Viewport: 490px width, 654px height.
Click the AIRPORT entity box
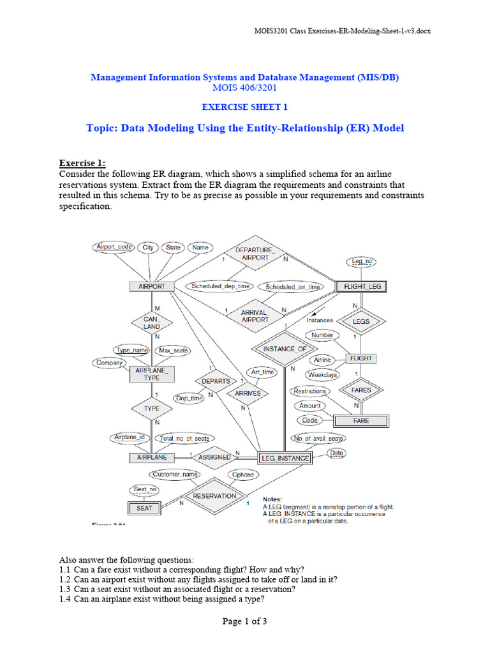coord(152,287)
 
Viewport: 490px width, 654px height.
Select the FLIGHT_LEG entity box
coord(362,287)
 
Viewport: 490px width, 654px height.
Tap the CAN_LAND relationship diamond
coord(152,323)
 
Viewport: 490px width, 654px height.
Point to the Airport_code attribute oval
coord(114,247)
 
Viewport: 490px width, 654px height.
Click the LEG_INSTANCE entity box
coord(285,458)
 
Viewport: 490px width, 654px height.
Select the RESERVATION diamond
coord(214,496)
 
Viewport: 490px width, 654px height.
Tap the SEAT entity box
coord(145,508)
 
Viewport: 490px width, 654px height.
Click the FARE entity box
coord(361,421)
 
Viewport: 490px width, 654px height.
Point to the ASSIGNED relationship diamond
coord(214,457)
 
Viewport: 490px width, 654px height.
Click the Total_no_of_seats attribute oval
coord(184,438)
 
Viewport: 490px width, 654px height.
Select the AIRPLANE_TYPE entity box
coord(152,374)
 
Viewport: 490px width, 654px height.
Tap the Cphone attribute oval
coord(243,475)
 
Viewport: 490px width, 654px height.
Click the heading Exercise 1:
coord(82,163)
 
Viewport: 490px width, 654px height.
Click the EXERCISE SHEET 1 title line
coord(244,107)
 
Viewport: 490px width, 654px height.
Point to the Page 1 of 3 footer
coord(244,621)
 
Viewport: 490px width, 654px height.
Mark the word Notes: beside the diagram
coord(276,499)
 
